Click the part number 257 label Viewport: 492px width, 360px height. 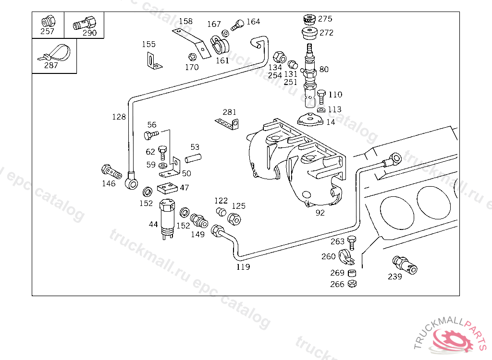pos(47,32)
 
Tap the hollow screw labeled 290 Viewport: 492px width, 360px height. pos(86,22)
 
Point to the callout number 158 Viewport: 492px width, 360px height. pos(185,21)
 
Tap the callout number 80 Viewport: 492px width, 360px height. pos(324,70)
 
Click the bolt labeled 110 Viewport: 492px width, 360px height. pos(321,96)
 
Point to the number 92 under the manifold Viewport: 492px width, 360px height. pos(320,213)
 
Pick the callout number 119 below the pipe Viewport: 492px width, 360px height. pos(243,267)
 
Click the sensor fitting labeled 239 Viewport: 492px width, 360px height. pos(405,265)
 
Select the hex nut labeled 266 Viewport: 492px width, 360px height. pos(352,284)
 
